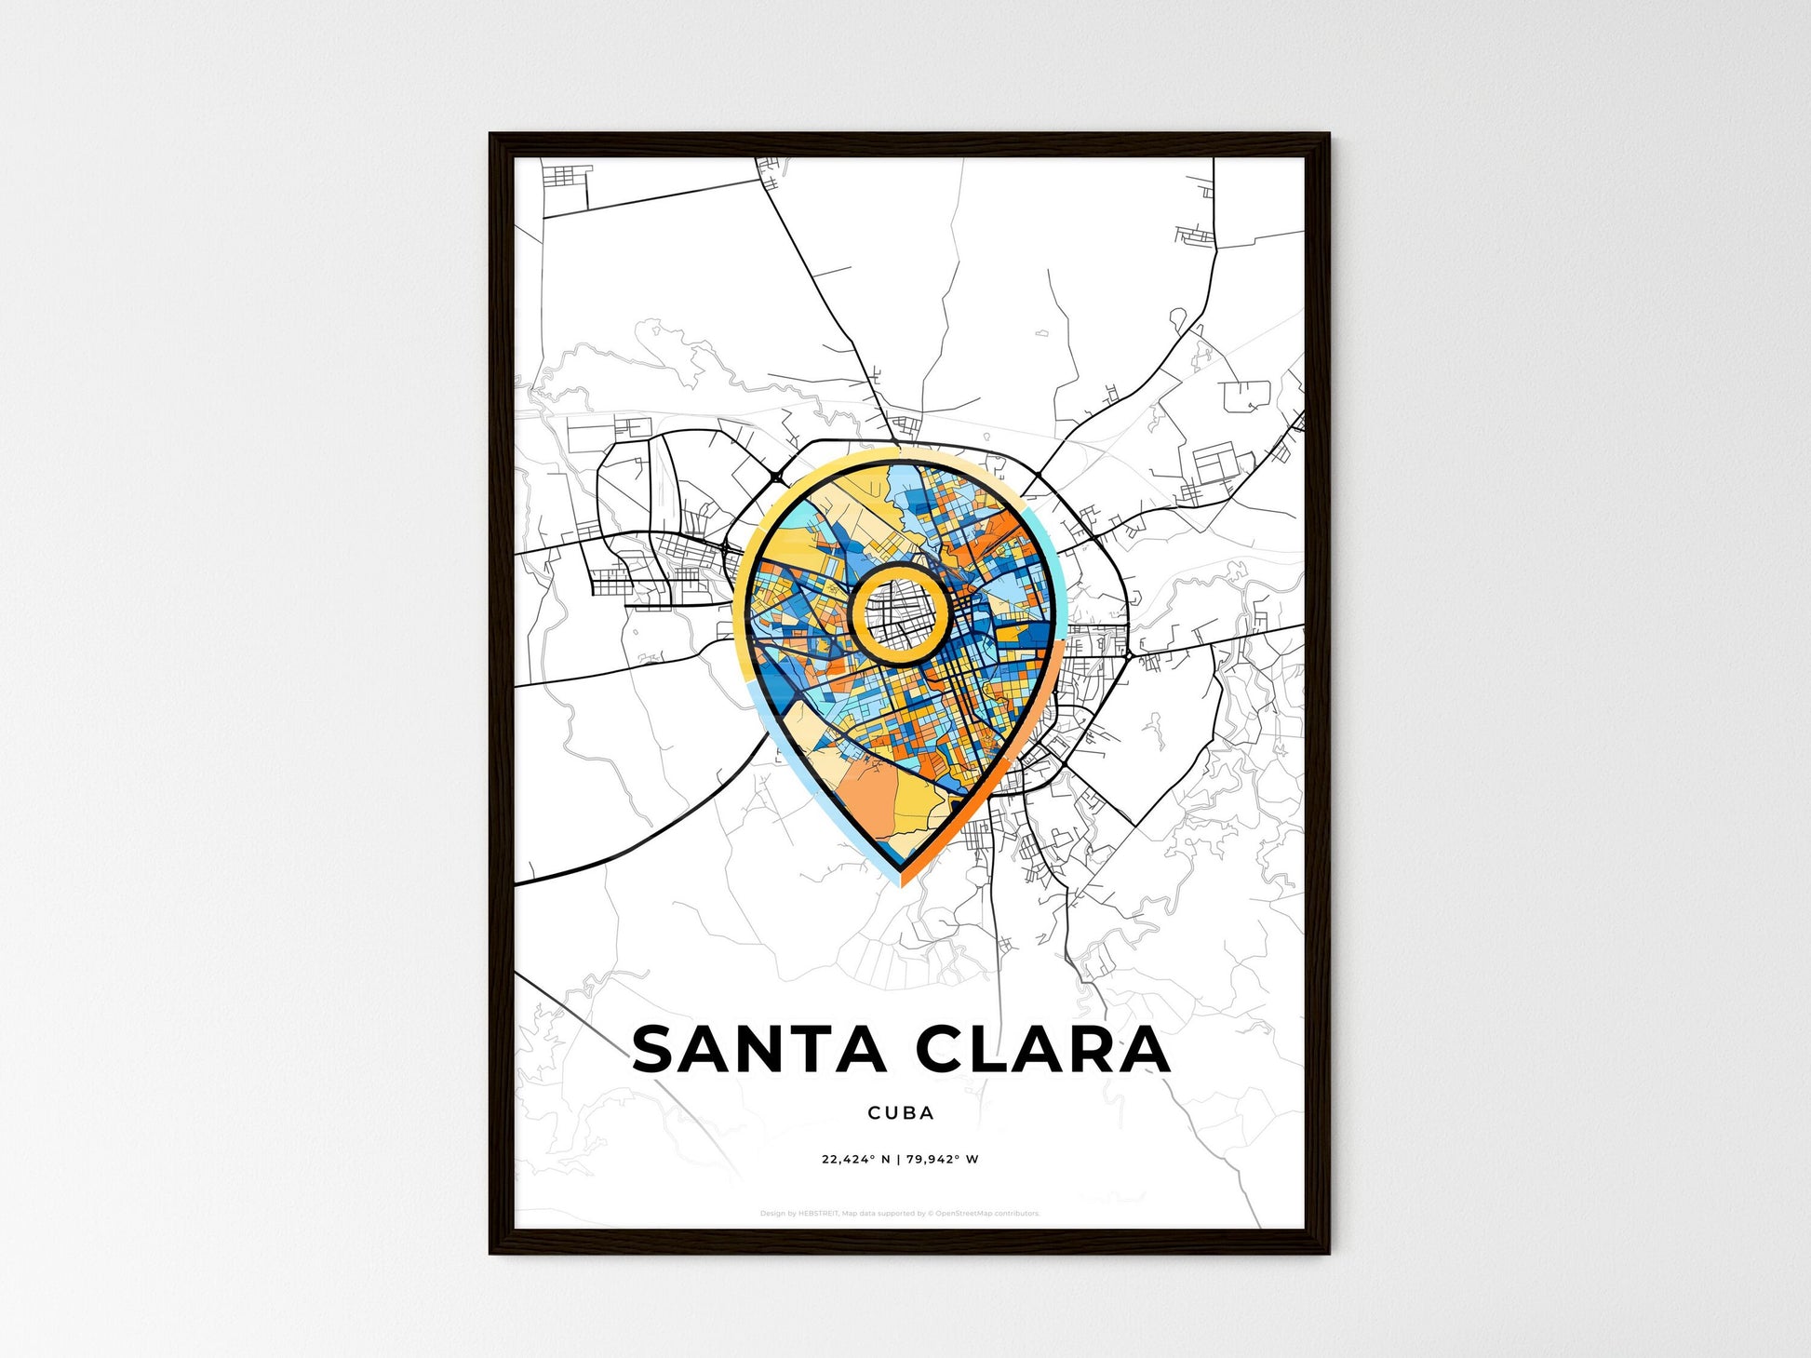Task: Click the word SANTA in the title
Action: [758, 1049]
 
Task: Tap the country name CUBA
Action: [900, 1112]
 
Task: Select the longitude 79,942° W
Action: [942, 1160]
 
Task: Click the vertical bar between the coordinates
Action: [898, 1160]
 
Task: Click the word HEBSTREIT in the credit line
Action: [818, 1214]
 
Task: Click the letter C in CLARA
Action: [943, 1049]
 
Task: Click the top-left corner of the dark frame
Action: [493, 137]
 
